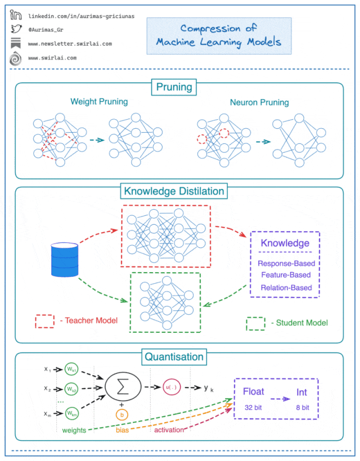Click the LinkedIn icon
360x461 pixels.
pos(16,15)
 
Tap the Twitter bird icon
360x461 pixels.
pos(16,29)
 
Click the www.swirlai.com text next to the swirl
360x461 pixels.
pos(52,58)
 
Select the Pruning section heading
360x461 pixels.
pos(174,87)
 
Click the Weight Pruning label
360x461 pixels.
pos(99,102)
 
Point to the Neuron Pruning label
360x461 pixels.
pos(259,102)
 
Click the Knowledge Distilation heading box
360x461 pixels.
pos(174,191)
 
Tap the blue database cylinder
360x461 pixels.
pos(65,260)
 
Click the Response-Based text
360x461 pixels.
pos(286,264)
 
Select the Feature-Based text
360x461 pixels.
pos(286,275)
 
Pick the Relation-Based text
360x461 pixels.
pos(286,287)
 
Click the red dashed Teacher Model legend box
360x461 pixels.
pos(44,321)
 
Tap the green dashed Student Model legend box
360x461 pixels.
pos(255,323)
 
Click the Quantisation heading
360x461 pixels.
pos(174,357)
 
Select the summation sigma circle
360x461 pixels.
pos(123,387)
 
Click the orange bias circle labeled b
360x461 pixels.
pos(121,415)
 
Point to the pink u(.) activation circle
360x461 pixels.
pos(172,387)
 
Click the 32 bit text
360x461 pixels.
pos(253,408)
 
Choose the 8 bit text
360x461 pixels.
pos(303,408)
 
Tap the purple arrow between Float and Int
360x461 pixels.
pos(280,399)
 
